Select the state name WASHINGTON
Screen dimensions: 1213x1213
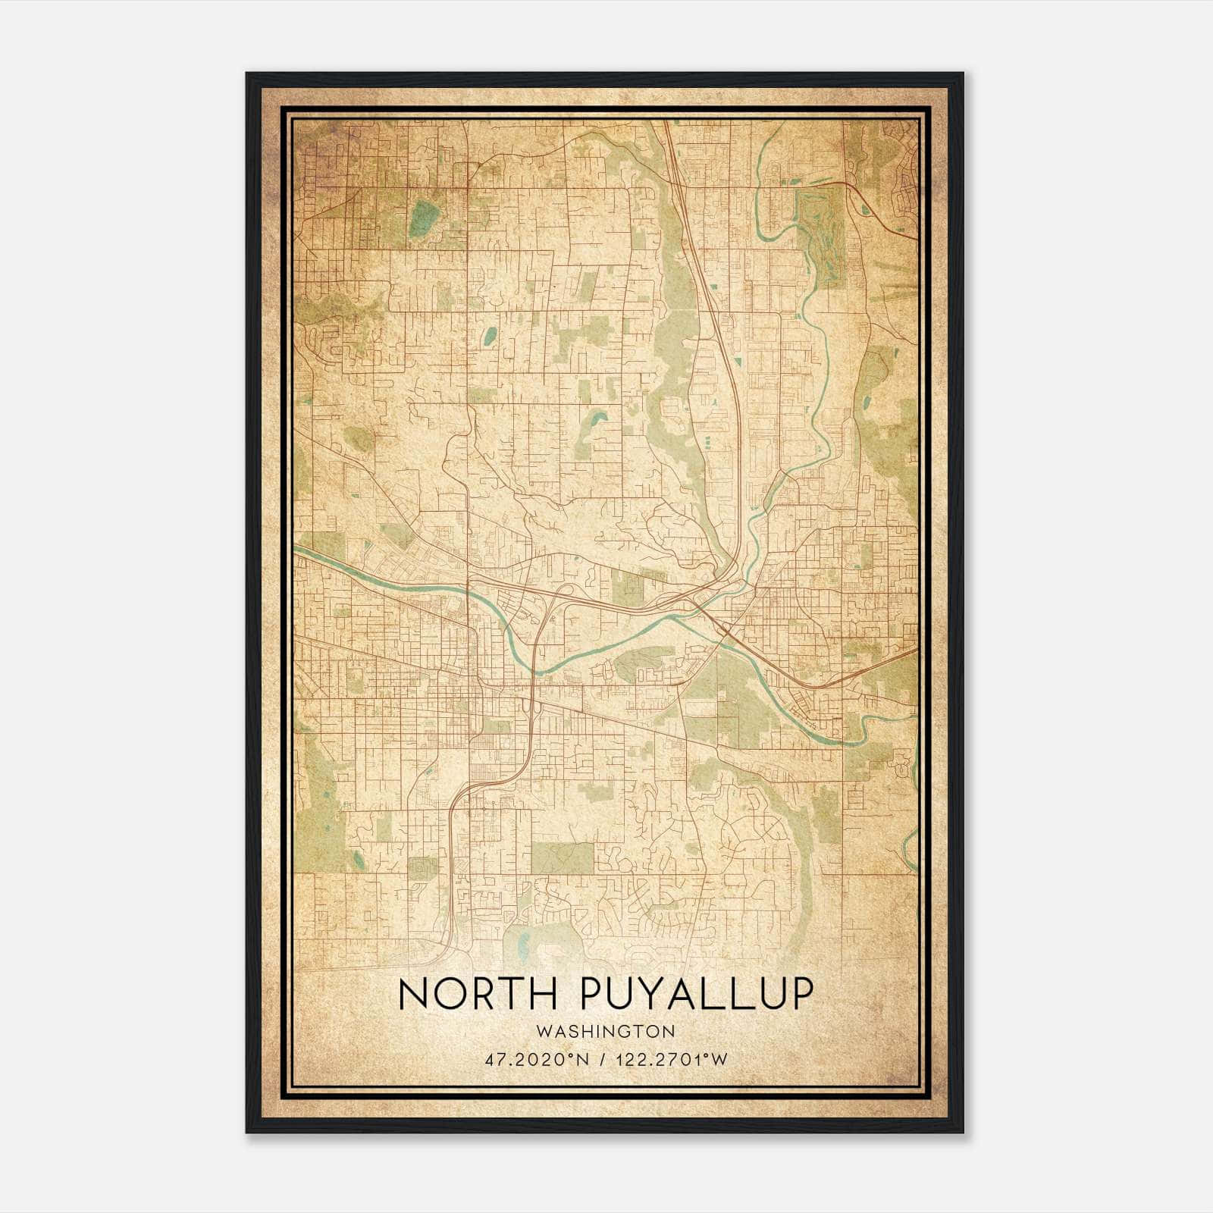coord(605,1031)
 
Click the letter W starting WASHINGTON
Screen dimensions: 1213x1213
coord(541,1031)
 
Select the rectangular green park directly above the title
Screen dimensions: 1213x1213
coord(562,857)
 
